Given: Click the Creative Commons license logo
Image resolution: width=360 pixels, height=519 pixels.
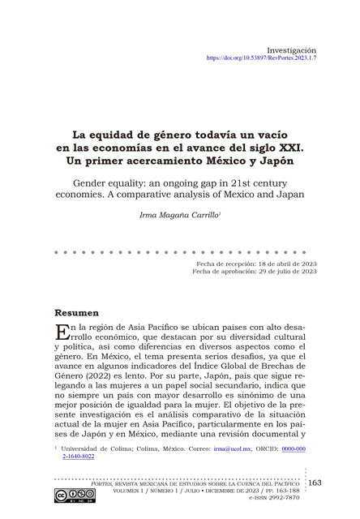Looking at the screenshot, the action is point(71,498).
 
